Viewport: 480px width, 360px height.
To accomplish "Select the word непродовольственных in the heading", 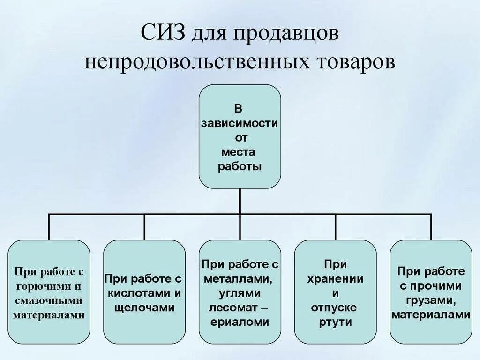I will [x=197, y=62].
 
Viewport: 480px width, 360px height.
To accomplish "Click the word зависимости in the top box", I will [x=240, y=124].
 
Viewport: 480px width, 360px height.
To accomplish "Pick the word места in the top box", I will [x=240, y=152].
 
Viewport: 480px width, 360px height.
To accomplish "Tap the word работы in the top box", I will [x=240, y=166].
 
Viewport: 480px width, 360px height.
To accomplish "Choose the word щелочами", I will [x=144, y=308].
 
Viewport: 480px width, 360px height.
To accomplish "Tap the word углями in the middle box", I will [x=239, y=293].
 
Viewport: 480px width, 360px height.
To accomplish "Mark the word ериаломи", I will [x=240, y=322].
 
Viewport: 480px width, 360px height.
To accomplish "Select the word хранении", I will [x=335, y=279].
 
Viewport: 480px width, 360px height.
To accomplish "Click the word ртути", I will [x=335, y=322].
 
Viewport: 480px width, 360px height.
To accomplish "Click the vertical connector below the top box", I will [x=240, y=202].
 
